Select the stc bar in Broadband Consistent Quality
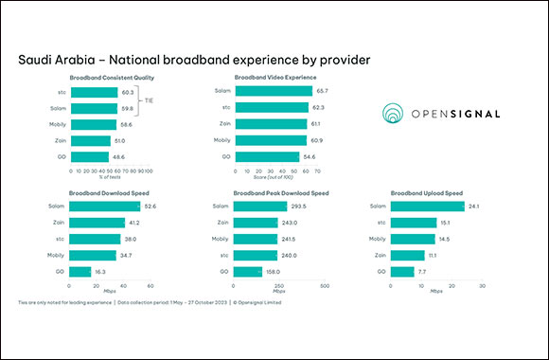(x=104, y=92)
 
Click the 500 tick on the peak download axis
(x=326, y=284)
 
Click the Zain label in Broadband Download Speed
(x=60, y=222)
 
